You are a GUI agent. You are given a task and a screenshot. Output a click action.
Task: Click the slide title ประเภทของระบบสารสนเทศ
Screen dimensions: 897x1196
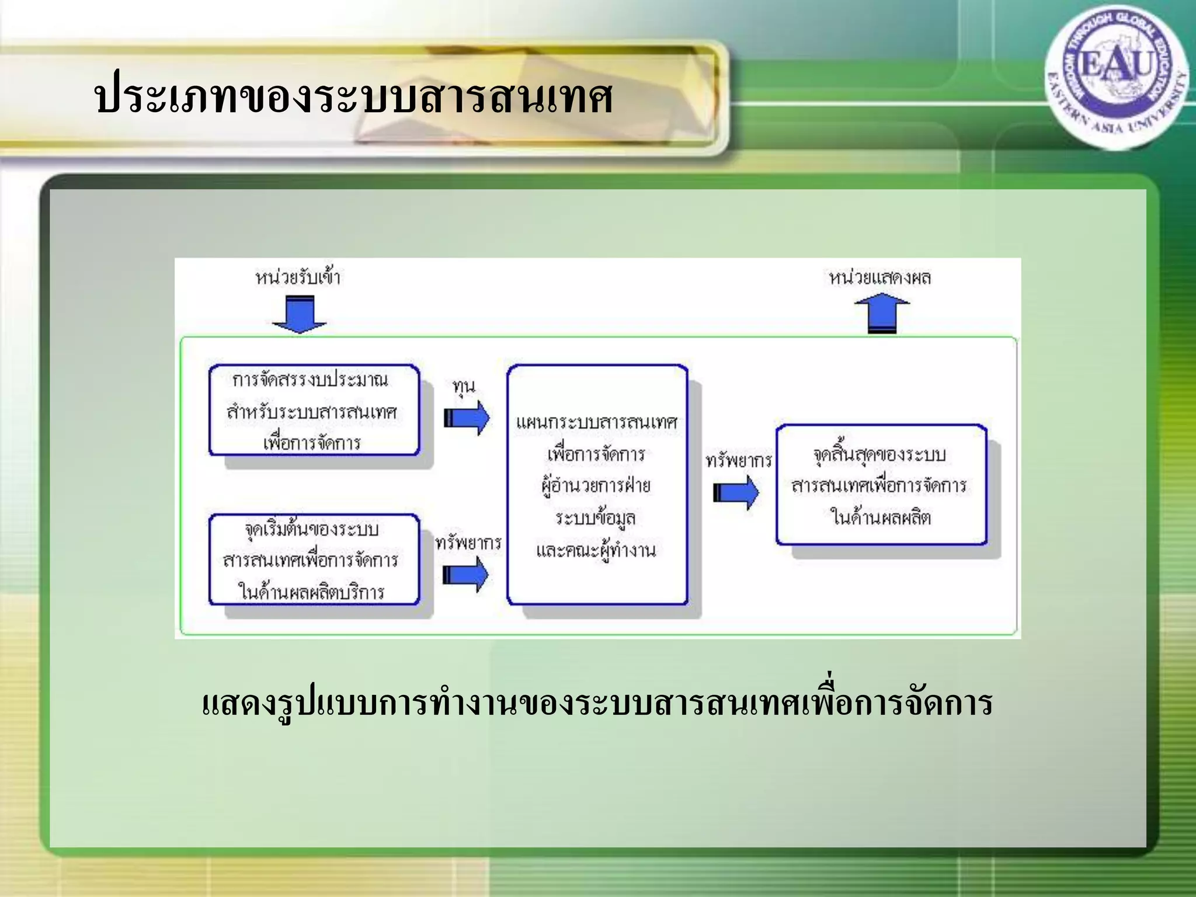tap(353, 98)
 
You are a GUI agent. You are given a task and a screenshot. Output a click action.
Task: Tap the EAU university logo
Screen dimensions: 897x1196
tap(1116, 76)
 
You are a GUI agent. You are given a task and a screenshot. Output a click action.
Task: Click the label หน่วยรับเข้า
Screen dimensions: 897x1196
tap(298, 277)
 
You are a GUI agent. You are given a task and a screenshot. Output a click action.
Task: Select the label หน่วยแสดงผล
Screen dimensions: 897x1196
tap(880, 277)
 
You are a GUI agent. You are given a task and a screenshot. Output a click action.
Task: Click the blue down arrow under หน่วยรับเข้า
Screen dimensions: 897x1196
tap(300, 315)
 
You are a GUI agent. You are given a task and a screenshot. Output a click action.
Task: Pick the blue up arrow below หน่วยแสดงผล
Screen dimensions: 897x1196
tap(882, 313)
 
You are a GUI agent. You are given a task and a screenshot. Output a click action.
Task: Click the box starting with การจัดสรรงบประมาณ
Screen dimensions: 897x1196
tap(314, 411)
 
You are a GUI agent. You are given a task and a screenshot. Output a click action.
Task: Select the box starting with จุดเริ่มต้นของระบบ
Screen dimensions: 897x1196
tap(314, 559)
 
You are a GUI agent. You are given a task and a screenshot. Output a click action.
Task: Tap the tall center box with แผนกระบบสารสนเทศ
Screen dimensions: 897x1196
tap(597, 485)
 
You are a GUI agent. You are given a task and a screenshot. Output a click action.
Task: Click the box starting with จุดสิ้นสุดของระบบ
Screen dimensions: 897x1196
tap(881, 485)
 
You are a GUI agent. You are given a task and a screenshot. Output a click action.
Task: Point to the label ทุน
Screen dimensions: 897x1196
tap(464, 387)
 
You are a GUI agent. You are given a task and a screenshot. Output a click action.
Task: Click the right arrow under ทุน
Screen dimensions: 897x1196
tap(467, 418)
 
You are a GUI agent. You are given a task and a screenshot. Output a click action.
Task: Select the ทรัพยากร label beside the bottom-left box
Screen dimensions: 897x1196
tap(468, 543)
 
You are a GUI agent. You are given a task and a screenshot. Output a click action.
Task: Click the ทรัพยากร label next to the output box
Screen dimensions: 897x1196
tap(739, 461)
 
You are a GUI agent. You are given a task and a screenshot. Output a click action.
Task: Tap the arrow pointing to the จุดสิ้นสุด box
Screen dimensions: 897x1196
tap(736, 493)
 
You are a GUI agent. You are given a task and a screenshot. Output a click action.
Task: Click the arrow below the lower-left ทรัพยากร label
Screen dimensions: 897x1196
tap(465, 575)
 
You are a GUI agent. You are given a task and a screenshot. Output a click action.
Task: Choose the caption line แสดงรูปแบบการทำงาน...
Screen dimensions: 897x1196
tap(597, 704)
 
